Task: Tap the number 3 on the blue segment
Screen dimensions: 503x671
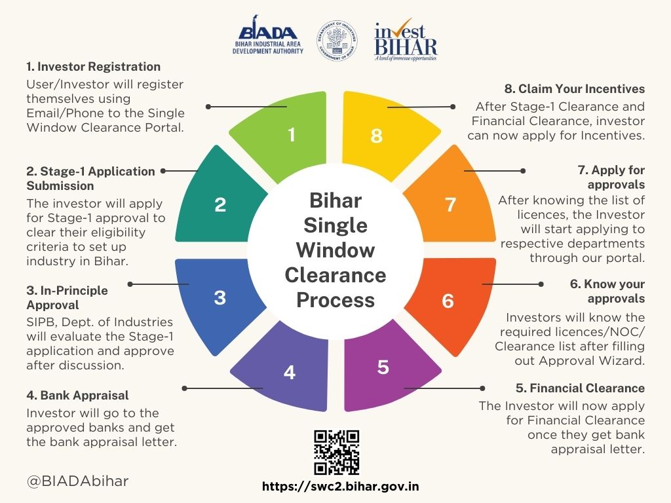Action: (x=220, y=297)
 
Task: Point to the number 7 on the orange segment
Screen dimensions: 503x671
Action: (x=450, y=204)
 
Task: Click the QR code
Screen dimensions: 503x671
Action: (x=336, y=453)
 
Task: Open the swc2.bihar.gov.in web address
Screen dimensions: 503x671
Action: (x=340, y=487)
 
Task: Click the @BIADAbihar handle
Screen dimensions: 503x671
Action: (x=77, y=481)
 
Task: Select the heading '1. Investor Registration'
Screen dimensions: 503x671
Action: (x=93, y=66)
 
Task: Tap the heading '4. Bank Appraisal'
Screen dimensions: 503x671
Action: (x=77, y=395)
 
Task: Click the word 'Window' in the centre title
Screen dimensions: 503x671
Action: (x=335, y=250)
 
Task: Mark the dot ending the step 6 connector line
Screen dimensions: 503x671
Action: (x=541, y=284)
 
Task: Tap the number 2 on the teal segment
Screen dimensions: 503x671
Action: (x=220, y=204)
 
